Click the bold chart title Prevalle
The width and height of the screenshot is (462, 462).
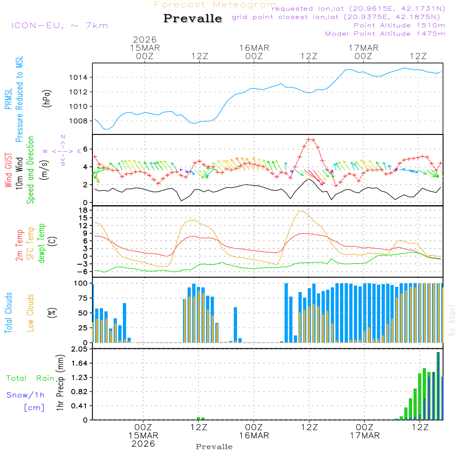(193, 19)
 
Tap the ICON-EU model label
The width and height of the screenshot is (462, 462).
(59, 25)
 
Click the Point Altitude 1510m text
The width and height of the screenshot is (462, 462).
(399, 25)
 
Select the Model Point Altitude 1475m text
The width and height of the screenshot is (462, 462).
(385, 34)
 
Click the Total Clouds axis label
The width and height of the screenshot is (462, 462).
(9, 312)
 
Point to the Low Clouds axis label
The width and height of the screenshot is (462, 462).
(30, 312)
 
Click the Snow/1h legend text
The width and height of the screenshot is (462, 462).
(26, 395)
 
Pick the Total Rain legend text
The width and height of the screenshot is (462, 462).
(30, 378)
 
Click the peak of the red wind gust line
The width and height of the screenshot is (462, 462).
(310, 139)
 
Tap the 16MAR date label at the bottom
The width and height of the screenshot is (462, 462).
(254, 436)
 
